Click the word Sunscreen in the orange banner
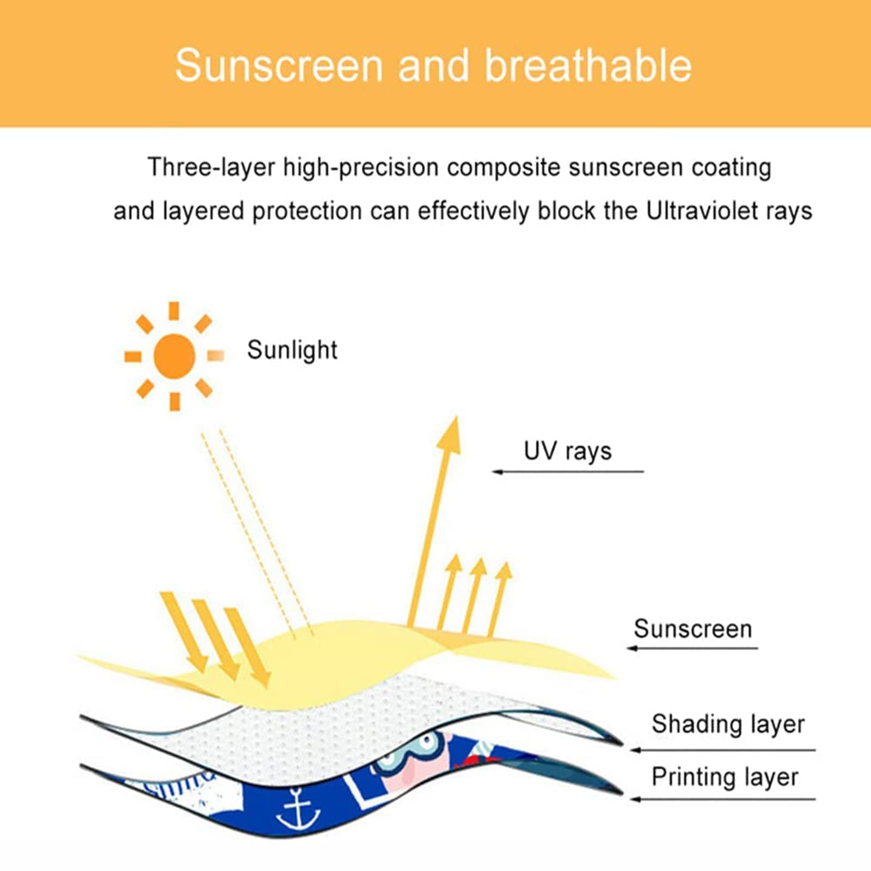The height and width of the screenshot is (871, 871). point(280,66)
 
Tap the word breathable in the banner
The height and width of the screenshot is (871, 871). point(588,66)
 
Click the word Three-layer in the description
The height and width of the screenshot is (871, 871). point(211,167)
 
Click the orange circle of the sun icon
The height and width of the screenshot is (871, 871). point(174,356)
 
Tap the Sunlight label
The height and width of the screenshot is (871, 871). point(292,350)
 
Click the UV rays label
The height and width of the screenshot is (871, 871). point(567,451)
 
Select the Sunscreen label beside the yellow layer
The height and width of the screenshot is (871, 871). point(692,629)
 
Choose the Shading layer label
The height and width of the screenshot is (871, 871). point(728,725)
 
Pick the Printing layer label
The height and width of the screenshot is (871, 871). point(725,777)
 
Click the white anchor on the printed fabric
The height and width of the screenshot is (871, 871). point(298,811)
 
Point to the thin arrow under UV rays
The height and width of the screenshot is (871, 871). point(567,471)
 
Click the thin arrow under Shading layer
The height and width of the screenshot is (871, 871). point(722,750)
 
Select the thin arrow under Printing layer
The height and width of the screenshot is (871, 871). point(722,799)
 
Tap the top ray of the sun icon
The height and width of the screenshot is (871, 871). point(174,311)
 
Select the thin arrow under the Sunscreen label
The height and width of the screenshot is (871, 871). point(692,648)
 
